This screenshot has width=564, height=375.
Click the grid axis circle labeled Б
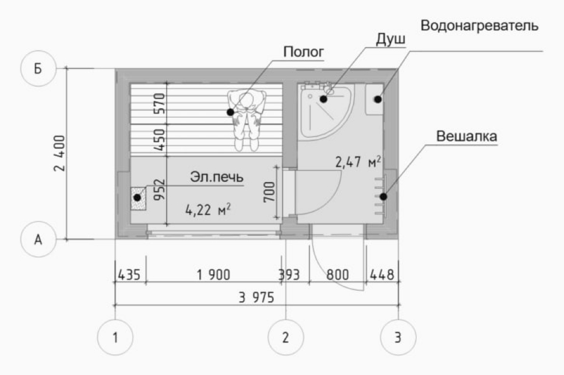pyautogui.click(x=38, y=68)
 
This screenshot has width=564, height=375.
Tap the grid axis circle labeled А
pyautogui.click(x=38, y=239)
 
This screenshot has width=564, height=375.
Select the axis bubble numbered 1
pyautogui.click(x=115, y=337)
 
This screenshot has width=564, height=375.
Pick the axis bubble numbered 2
pyautogui.click(x=285, y=337)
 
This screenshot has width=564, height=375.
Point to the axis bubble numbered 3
pyautogui.click(x=398, y=337)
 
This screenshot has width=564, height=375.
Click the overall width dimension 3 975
pyautogui.click(x=256, y=298)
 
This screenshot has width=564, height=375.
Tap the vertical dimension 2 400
pyautogui.click(x=59, y=153)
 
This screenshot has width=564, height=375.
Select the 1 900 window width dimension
pyautogui.click(x=213, y=275)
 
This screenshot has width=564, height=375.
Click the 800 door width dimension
pyautogui.click(x=337, y=275)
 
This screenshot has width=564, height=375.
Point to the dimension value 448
pyautogui.click(x=382, y=275)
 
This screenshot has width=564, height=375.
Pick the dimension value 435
pyautogui.click(x=129, y=275)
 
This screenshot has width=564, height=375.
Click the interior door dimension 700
pyautogui.click(x=269, y=192)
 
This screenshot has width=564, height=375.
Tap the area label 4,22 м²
pyautogui.click(x=208, y=209)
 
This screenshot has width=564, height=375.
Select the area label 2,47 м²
pyautogui.click(x=358, y=162)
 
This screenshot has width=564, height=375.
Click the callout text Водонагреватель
pyautogui.click(x=480, y=26)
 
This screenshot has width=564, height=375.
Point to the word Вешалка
pyautogui.click(x=467, y=136)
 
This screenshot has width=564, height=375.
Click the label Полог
pyautogui.click(x=304, y=52)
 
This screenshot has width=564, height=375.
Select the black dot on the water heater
pyautogui.click(x=378, y=99)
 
